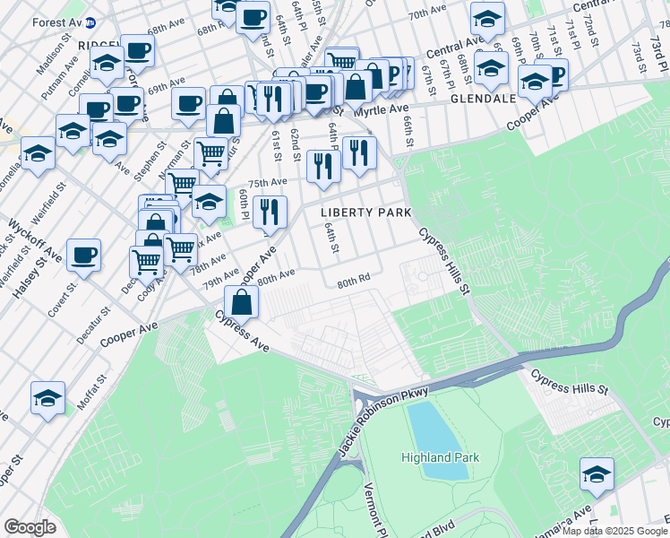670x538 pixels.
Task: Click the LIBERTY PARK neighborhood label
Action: click(366, 213)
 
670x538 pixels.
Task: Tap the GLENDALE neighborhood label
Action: click(483, 98)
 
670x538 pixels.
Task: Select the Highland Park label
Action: click(439, 457)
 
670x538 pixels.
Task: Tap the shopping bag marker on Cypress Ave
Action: click(242, 302)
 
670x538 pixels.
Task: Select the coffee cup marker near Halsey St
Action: click(83, 256)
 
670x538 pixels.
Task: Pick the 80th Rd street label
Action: click(354, 282)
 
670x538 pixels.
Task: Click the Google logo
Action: click(30, 527)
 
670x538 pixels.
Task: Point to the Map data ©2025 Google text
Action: click(614, 531)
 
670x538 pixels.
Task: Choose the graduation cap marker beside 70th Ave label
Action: click(487, 18)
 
